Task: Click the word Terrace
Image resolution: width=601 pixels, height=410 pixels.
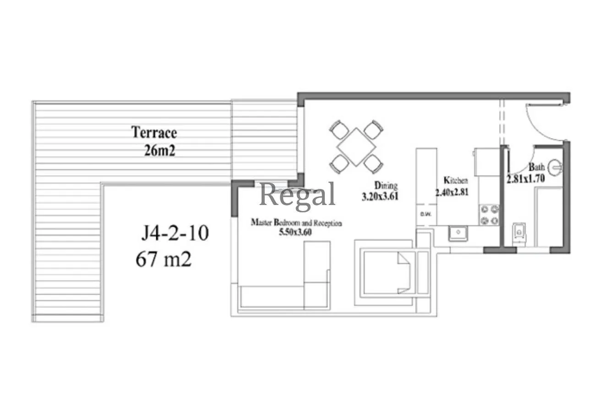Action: [x=154, y=133]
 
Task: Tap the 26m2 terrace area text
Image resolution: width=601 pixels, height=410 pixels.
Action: [x=159, y=150]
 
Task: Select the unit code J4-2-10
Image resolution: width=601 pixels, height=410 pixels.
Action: [x=175, y=233]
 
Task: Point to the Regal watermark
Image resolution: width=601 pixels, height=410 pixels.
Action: [x=297, y=195]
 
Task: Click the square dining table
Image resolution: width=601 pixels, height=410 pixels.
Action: [x=356, y=147]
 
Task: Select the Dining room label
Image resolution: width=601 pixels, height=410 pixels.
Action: [x=386, y=185]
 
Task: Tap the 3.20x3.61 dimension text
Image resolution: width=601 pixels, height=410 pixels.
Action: [x=380, y=197]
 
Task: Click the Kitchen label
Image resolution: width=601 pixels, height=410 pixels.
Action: [x=456, y=180]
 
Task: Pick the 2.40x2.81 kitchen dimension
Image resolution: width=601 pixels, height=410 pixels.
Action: [x=452, y=192]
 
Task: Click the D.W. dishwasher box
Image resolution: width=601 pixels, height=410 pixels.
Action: [x=426, y=215]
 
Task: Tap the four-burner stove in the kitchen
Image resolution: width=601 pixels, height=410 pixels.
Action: [x=489, y=215]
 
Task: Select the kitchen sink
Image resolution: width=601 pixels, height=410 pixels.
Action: [x=458, y=233]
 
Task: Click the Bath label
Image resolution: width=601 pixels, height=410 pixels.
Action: [x=536, y=167]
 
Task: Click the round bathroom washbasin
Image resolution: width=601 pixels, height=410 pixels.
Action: [x=555, y=167]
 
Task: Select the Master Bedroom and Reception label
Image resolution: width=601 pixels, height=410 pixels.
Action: [x=296, y=223]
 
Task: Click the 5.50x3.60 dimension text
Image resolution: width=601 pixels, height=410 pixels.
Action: [x=295, y=232]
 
